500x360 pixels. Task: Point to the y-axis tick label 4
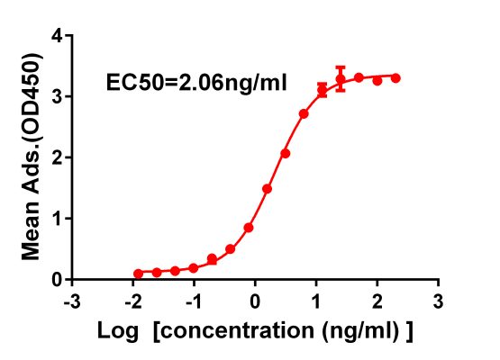(57, 36)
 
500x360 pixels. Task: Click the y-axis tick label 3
(57, 96)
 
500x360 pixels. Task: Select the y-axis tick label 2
(57, 157)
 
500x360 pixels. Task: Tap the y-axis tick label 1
(57, 218)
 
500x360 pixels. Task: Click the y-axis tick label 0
(57, 279)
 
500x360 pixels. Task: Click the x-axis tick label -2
(132, 299)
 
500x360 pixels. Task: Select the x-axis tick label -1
(193, 299)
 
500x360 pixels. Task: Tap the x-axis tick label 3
(438, 299)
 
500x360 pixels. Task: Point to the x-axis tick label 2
(377, 299)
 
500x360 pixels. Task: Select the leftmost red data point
(138, 273)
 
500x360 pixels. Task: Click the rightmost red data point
(395, 78)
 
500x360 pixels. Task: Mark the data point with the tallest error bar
(341, 78)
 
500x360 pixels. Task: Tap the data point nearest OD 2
(285, 153)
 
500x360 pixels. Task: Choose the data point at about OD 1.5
(267, 189)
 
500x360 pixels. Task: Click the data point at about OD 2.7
(304, 113)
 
